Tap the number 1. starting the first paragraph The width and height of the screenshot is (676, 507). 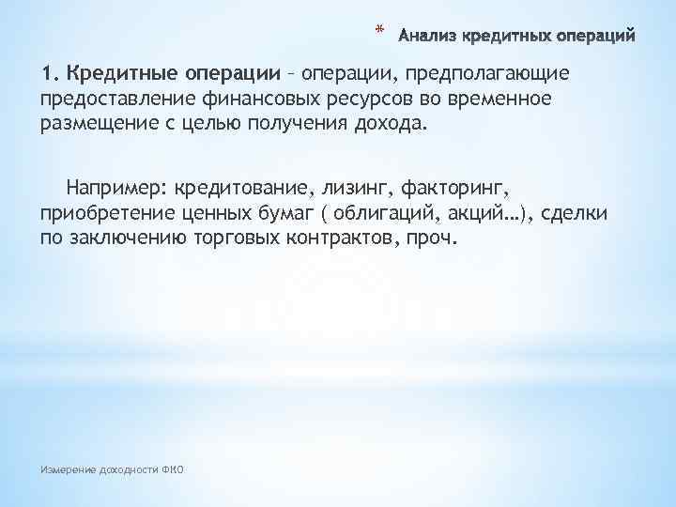(x=49, y=73)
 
